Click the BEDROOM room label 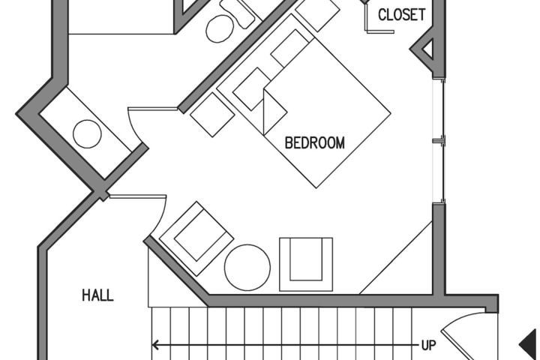tap(315, 142)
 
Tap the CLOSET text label tap(401, 14)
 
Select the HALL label tap(97, 295)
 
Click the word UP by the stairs tap(428, 345)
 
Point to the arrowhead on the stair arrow tap(155, 344)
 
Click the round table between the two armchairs tap(247, 267)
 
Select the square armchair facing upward tap(306, 264)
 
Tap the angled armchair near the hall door tap(196, 238)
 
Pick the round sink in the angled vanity tap(87, 134)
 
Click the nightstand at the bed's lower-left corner tap(212, 115)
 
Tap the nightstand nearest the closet tap(317, 13)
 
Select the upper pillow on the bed tap(290, 48)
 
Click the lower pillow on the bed tap(253, 89)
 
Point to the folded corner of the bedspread tap(275, 112)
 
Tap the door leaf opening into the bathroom tap(152, 109)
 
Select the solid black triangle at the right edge tap(528, 343)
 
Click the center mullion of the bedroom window tap(439, 140)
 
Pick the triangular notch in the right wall tap(427, 50)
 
